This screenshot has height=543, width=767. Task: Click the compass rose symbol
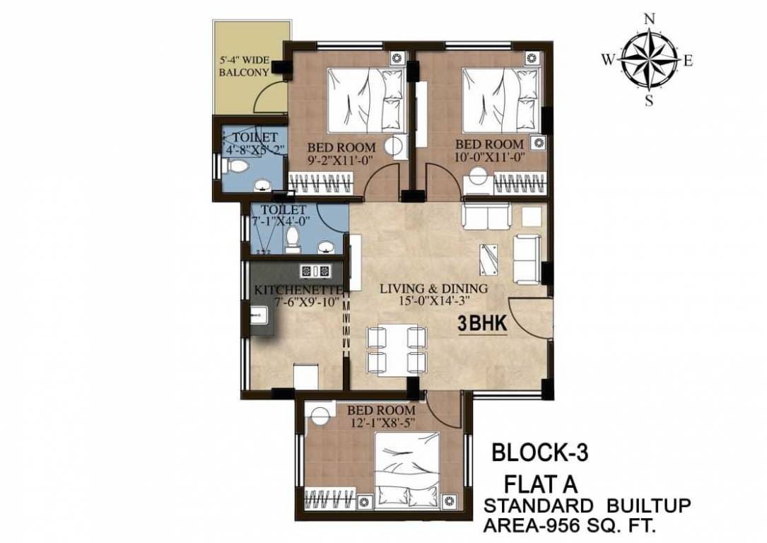click(x=648, y=60)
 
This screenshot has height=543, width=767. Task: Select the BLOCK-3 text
click(x=539, y=451)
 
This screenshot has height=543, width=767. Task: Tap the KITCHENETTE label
click(x=298, y=290)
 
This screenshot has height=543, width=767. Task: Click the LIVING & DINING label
click(x=433, y=288)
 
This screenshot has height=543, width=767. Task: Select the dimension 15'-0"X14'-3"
click(x=433, y=302)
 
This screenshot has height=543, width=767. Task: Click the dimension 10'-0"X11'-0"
click(x=490, y=158)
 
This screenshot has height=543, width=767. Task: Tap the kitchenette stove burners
click(x=315, y=270)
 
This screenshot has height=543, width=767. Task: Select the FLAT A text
click(x=540, y=484)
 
